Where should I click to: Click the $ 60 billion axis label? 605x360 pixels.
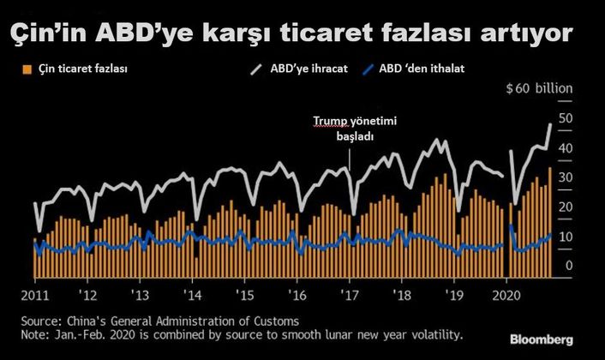[x=538, y=88]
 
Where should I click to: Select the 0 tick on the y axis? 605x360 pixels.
[x=566, y=266]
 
